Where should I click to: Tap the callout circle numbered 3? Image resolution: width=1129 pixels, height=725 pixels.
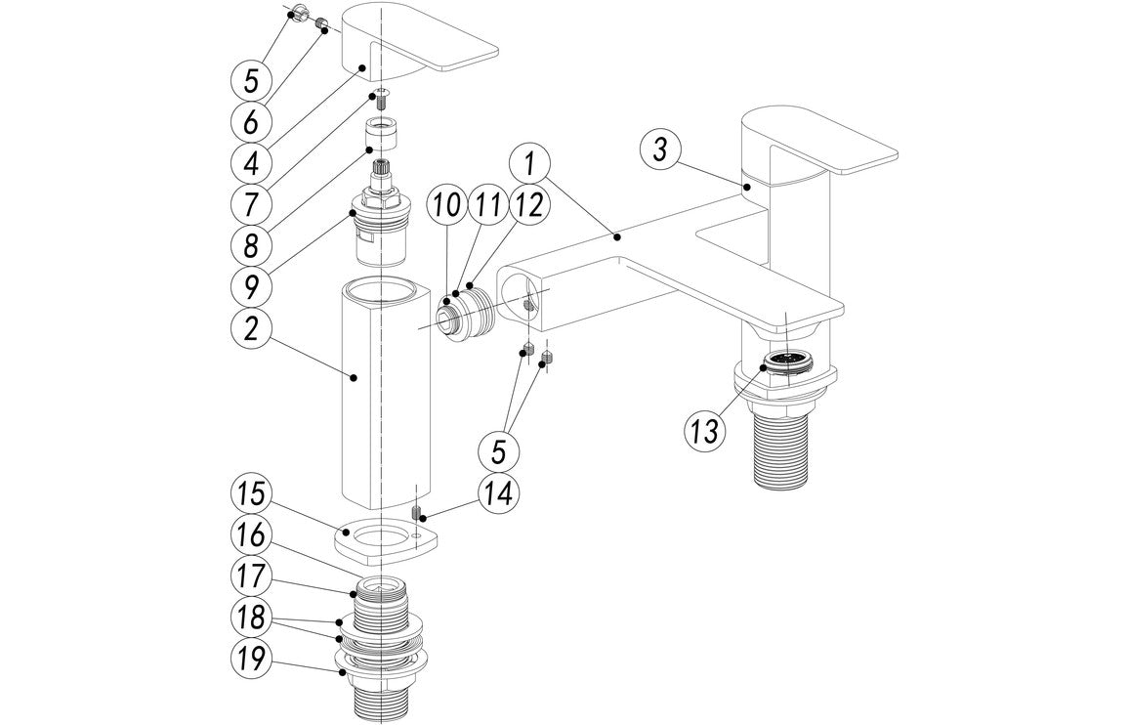coord(661,149)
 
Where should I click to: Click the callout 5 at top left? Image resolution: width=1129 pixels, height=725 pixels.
coord(251,75)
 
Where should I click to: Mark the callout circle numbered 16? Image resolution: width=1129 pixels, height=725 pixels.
coord(251,535)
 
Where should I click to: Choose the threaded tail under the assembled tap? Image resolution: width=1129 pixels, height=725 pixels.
coord(788,445)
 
